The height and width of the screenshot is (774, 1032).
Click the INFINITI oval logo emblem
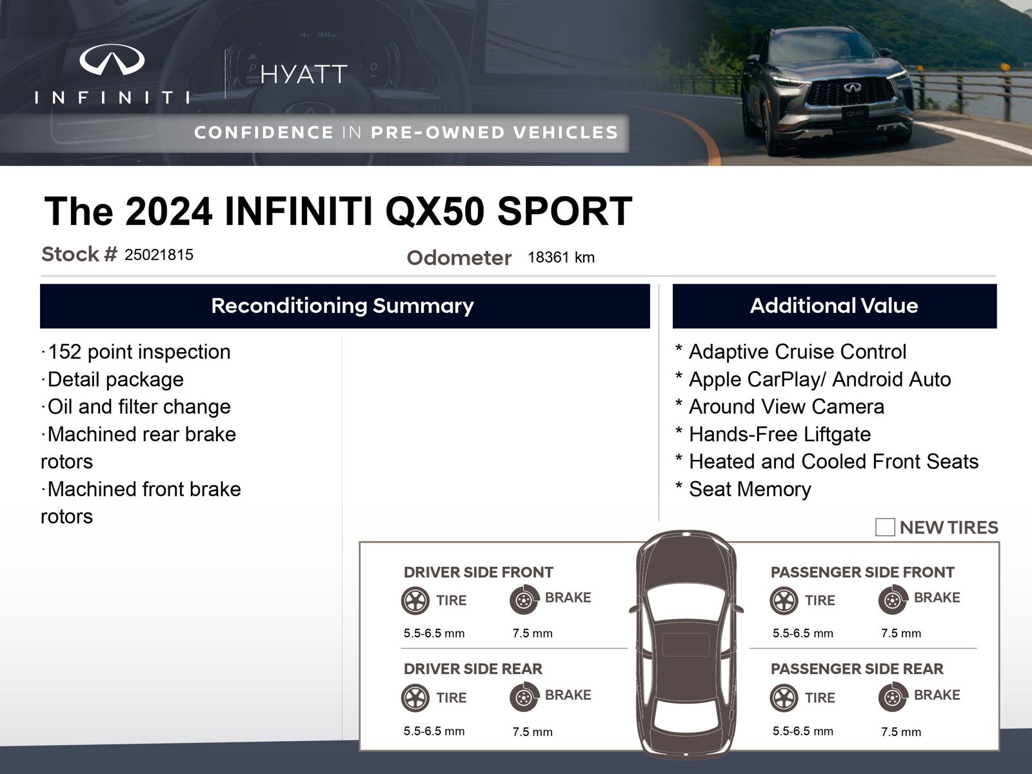tap(112, 60)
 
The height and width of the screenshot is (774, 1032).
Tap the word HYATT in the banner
tap(304, 74)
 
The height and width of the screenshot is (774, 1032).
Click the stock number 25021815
tap(159, 255)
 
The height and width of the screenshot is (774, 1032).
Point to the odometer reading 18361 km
tap(561, 257)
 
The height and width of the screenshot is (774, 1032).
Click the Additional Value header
tap(834, 306)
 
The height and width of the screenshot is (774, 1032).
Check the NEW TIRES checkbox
tap(885, 527)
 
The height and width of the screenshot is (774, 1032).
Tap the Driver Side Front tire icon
tap(415, 600)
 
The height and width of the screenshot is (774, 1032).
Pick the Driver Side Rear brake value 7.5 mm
tap(532, 731)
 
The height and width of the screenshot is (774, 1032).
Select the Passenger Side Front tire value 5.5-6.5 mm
tap(802, 633)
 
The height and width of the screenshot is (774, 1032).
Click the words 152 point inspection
tap(139, 352)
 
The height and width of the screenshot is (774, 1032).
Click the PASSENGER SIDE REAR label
tap(857, 669)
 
